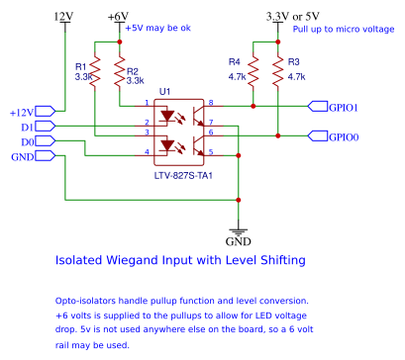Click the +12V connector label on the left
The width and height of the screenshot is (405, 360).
(x=21, y=112)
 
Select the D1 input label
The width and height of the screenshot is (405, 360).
(x=28, y=127)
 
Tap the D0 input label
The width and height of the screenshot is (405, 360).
(x=28, y=141)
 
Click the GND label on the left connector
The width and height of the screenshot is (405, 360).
(x=23, y=157)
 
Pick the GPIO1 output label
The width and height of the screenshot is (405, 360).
(x=343, y=106)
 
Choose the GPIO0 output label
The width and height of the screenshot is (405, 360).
(x=343, y=135)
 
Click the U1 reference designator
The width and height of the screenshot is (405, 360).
(x=165, y=91)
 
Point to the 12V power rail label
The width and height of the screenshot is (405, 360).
(x=63, y=17)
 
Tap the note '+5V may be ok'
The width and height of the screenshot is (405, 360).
(x=157, y=29)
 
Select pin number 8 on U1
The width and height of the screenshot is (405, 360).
(x=211, y=102)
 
